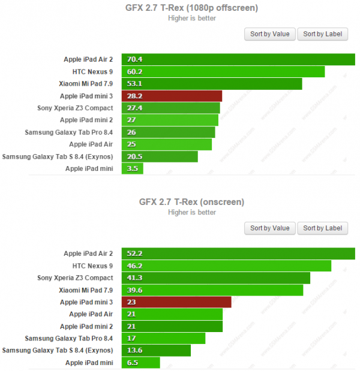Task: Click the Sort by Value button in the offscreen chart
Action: [269, 34]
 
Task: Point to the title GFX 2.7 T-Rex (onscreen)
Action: [192, 201]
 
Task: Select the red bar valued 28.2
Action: [172, 96]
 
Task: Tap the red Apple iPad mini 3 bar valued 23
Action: [176, 302]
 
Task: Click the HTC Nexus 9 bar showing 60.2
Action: [223, 71]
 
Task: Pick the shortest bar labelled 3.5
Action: [133, 169]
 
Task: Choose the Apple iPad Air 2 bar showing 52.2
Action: [238, 254]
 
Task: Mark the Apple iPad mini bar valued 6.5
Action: [141, 363]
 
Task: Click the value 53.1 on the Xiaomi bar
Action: [134, 84]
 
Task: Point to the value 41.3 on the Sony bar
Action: [134, 278]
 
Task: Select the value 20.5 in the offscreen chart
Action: [134, 156]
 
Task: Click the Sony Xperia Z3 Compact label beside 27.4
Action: [74, 108]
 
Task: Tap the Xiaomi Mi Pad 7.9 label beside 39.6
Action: [86, 290]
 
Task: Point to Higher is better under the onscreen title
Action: [192, 212]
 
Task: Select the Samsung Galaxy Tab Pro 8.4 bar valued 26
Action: [169, 132]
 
